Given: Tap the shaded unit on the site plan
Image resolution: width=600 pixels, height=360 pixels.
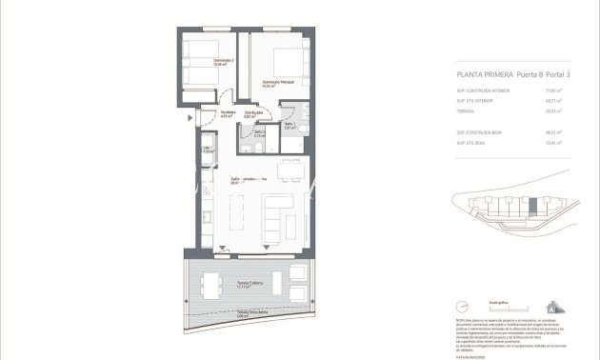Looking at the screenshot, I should pyautogui.click(x=532, y=205).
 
